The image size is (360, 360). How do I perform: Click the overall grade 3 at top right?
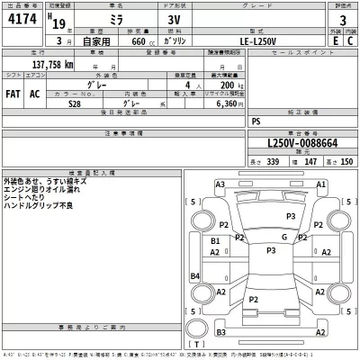342,20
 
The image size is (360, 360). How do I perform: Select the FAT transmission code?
14,93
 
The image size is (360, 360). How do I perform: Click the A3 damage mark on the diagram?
220,184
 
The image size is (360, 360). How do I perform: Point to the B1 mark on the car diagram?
216,242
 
